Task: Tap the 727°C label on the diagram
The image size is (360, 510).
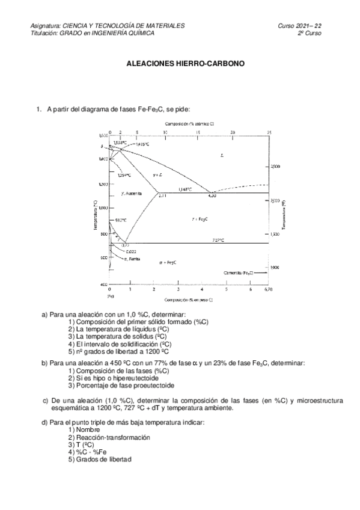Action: coord(218,240)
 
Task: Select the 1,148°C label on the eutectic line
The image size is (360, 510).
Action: coord(185,189)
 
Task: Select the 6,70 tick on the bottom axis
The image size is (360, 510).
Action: coord(269,290)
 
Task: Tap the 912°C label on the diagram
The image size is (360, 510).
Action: coord(119,221)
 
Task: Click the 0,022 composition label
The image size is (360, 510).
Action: coord(132,251)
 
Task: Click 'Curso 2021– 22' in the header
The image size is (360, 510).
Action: coord(299,26)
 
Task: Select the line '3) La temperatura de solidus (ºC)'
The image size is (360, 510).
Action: coord(118,337)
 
